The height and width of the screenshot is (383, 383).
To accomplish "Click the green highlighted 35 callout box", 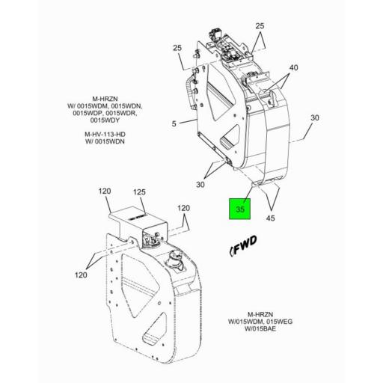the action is click(x=239, y=209).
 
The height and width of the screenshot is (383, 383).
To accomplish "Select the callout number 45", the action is click(x=270, y=218).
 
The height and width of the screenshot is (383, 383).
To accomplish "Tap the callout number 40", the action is click(x=293, y=67).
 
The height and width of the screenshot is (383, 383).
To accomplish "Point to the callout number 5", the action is click(x=174, y=123).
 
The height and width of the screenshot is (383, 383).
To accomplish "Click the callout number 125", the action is click(x=139, y=192).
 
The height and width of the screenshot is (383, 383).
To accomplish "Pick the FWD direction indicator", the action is click(x=242, y=245).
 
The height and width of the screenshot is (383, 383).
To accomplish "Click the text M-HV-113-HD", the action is click(x=105, y=134).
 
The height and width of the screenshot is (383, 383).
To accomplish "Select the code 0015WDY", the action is click(x=105, y=120).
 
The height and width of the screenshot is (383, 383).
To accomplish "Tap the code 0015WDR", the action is click(x=121, y=113).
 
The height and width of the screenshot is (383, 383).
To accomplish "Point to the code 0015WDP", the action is click(x=88, y=113).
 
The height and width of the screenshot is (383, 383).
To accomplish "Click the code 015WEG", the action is click(x=279, y=322).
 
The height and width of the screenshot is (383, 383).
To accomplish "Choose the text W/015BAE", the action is click(x=260, y=328).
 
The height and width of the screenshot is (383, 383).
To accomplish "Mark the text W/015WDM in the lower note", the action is click(x=245, y=322).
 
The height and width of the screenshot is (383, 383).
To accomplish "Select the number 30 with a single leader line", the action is click(x=315, y=117).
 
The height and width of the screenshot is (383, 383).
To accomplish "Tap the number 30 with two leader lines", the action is click(x=200, y=185).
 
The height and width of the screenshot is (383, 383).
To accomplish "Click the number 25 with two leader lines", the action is click(x=260, y=26).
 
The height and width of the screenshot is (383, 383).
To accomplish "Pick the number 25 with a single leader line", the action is click(x=177, y=48).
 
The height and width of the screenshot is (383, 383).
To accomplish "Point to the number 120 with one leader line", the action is click(x=104, y=191).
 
